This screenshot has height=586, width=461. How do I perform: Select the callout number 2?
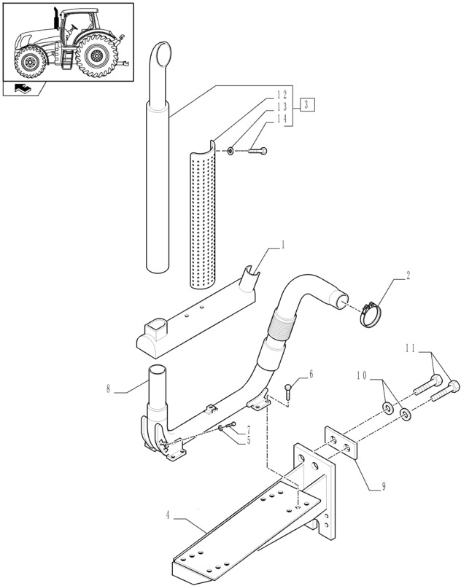[408, 276]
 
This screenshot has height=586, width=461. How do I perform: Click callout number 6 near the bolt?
[311, 374]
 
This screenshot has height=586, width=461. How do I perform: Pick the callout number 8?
[109, 389]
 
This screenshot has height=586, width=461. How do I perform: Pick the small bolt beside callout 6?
[290, 388]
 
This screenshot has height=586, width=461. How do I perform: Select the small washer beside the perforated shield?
[230, 150]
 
